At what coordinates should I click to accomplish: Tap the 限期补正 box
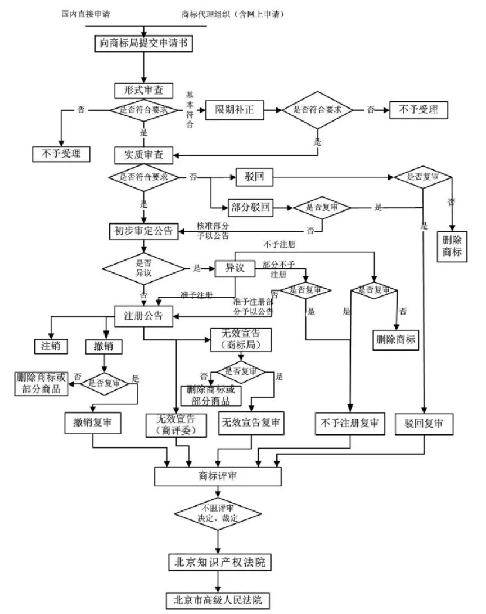click(234, 109)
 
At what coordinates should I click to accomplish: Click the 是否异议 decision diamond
click(144, 267)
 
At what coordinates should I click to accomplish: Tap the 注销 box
click(51, 346)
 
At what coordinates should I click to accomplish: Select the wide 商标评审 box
click(218, 476)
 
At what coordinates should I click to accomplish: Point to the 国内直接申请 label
click(85, 14)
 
